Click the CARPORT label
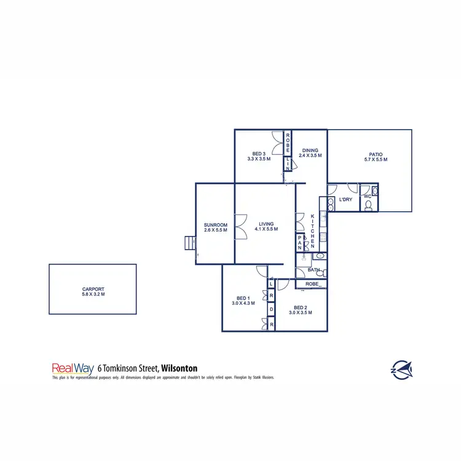93,288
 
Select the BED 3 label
259,154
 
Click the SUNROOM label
216,225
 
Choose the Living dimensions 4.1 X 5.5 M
266,229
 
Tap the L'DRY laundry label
345,200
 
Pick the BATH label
313,270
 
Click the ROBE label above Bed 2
312,284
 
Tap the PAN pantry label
300,242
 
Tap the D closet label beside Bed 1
271,309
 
